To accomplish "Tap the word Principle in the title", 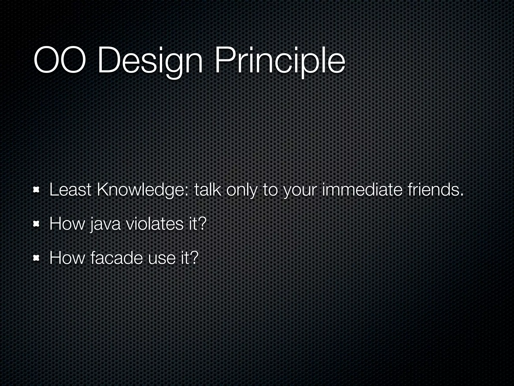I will point(279,61).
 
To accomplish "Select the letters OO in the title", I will point(59,61).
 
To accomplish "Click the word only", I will point(241,190).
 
